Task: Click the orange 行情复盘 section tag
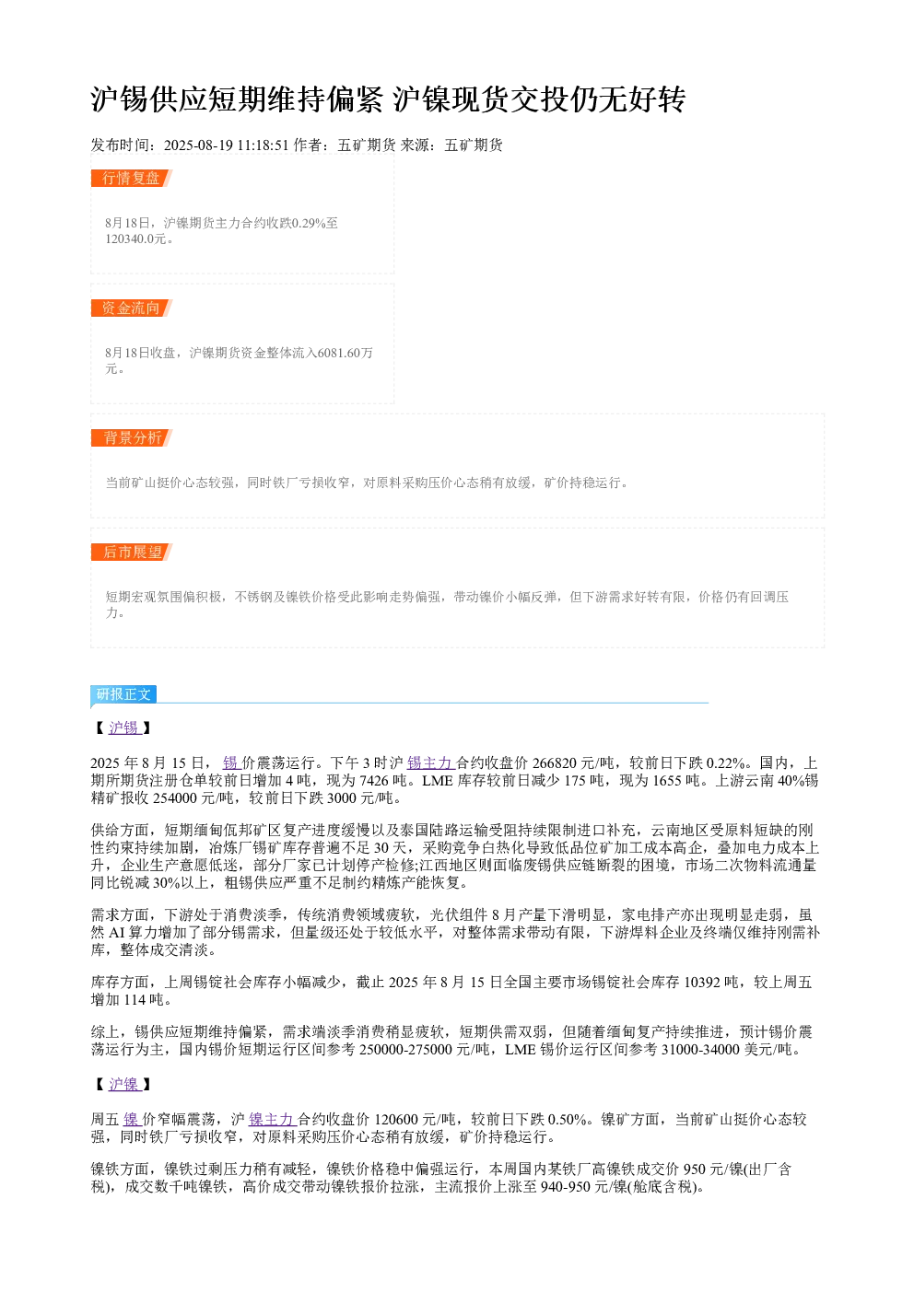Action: pos(131,179)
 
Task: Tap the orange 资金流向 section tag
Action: pos(131,308)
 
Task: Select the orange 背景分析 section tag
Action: pos(131,437)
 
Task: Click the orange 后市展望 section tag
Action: pos(131,552)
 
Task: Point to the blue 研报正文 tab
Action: pos(123,693)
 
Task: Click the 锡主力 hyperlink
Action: pos(430,763)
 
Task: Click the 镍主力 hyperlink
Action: pos(273,1120)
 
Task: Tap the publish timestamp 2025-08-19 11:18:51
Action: pos(226,145)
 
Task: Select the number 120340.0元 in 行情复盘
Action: pos(135,239)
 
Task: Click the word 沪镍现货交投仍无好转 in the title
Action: pos(539,99)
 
